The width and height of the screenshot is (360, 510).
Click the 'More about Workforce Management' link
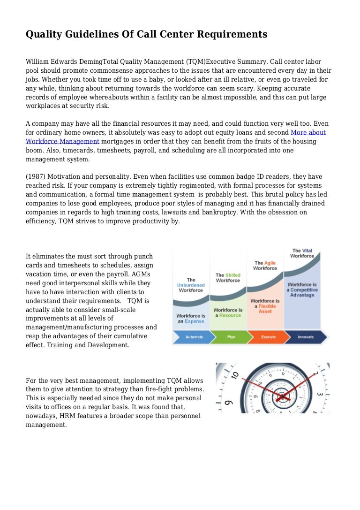click(x=308, y=132)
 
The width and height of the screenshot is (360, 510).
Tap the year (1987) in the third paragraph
click(x=36, y=177)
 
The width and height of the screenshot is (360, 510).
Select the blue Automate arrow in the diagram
click(x=191, y=337)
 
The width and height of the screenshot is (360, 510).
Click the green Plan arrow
click(x=231, y=337)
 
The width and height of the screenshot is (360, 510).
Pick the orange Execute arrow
click(x=269, y=337)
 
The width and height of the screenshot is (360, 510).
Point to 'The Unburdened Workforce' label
click(x=191, y=285)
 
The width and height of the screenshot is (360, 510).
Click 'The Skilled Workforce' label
click(x=228, y=278)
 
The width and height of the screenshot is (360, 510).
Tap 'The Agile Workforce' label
click(x=265, y=266)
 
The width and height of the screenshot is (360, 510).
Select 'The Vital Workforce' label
click(x=302, y=253)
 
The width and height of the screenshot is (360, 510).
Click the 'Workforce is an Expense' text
click(x=191, y=319)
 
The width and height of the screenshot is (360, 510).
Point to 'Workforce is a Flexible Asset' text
click(x=265, y=306)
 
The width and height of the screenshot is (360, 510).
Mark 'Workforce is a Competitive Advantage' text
click(x=302, y=289)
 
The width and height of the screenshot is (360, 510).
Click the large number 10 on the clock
click(x=234, y=376)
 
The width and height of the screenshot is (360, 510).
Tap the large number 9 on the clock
click(x=228, y=402)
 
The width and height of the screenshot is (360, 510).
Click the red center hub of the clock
click(x=282, y=397)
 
